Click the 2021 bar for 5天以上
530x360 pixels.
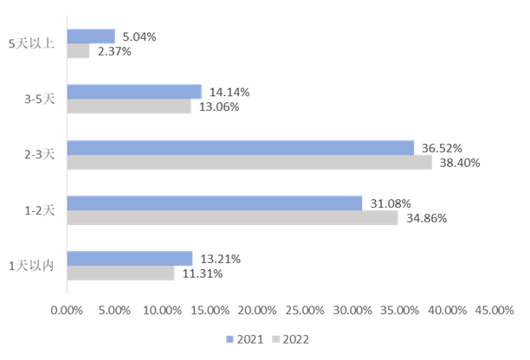[x=91, y=36]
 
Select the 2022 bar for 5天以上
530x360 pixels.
[x=78, y=51]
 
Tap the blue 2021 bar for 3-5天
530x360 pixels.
[x=134, y=92]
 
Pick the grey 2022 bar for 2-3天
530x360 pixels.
[x=249, y=162]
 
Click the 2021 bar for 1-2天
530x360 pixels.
[x=215, y=202]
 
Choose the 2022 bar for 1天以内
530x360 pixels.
[x=120, y=273]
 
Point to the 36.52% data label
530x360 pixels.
[x=441, y=148]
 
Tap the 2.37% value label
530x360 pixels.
[x=114, y=52]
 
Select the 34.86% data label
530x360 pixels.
[x=424, y=218]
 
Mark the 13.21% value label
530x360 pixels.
[x=219, y=259]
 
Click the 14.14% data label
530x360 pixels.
[x=228, y=92]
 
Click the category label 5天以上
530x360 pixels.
[x=31, y=44]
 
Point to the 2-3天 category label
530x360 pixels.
[x=39, y=154]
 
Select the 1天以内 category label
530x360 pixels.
[x=31, y=266]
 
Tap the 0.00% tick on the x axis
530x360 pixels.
[x=67, y=310]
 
